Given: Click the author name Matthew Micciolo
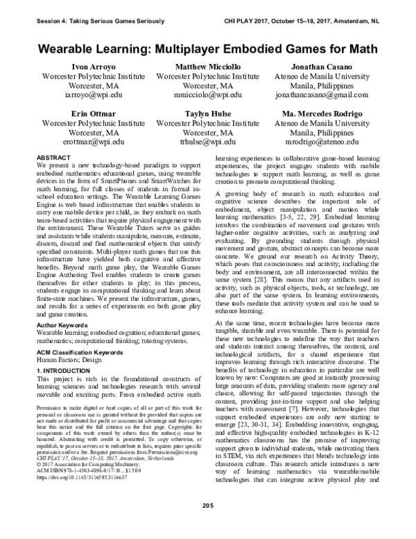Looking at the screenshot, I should click(208, 66).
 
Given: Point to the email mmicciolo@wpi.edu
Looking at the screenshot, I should click(208, 92).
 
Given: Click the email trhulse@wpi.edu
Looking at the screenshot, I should click(208, 140).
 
